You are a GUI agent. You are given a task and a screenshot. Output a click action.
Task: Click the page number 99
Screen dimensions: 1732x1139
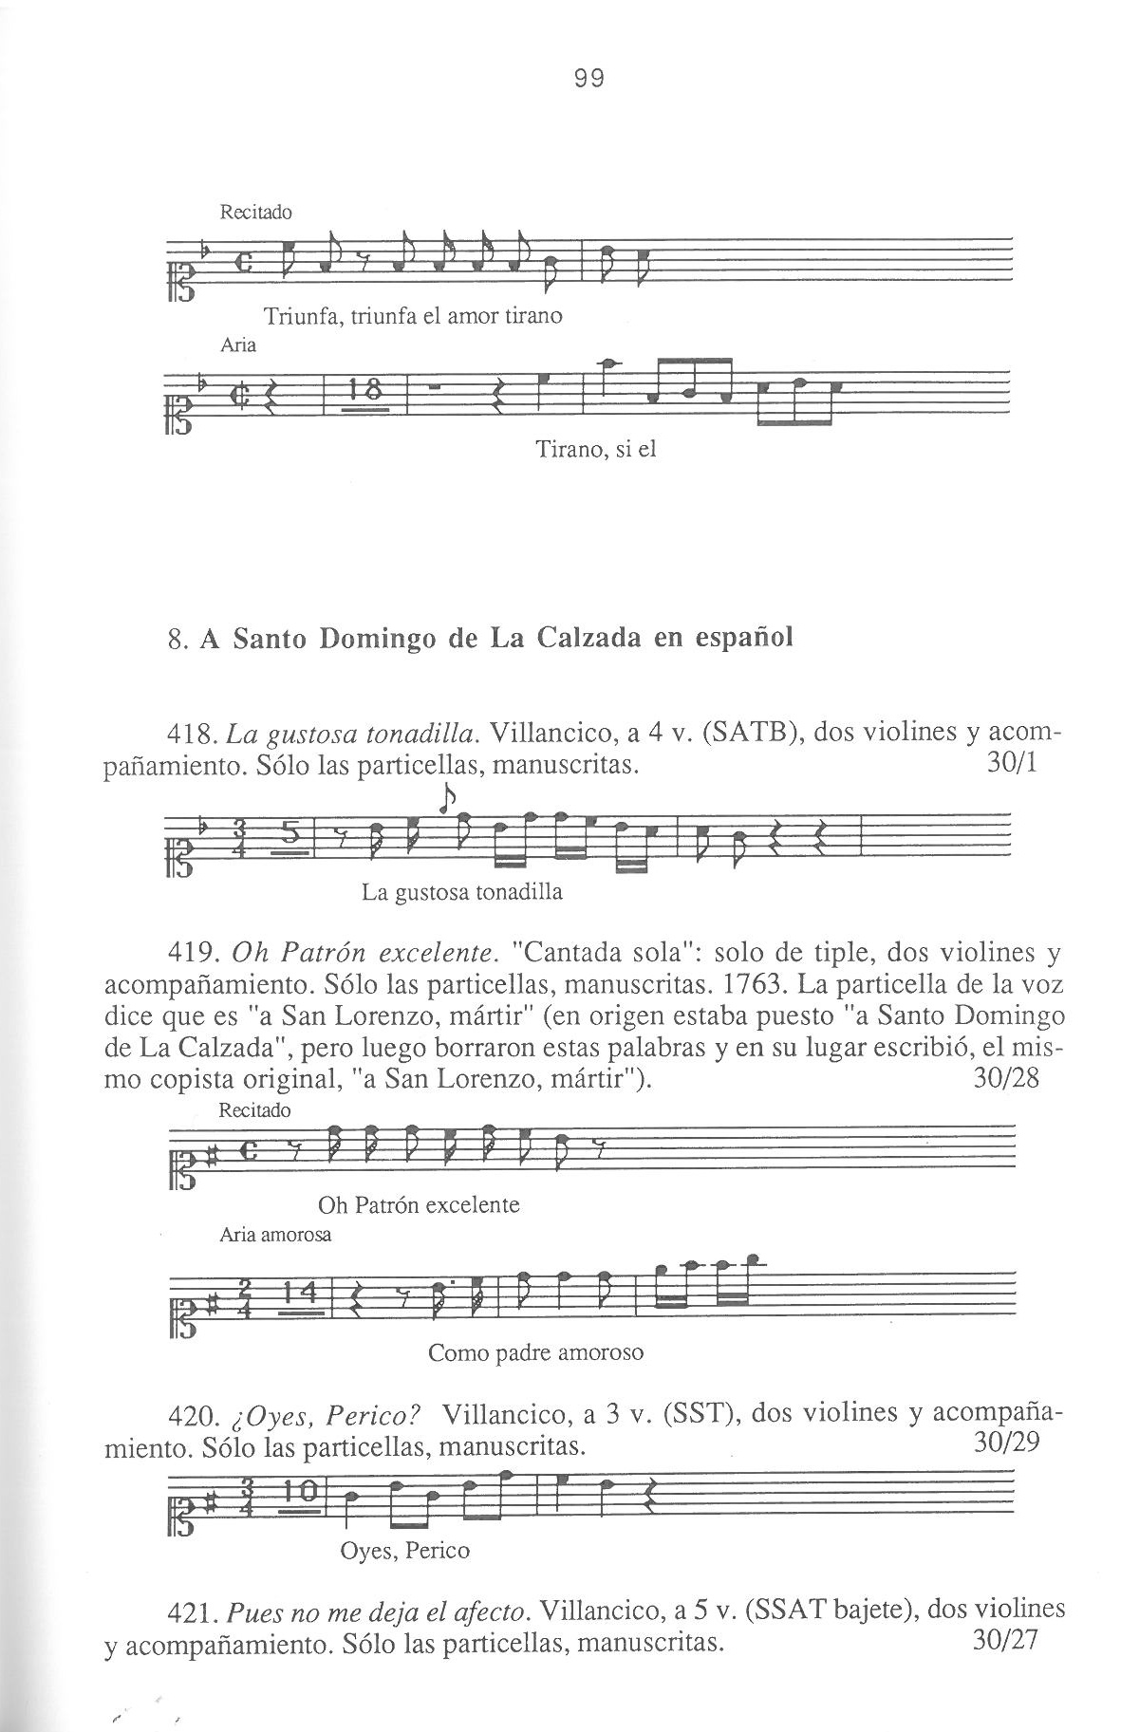point(589,79)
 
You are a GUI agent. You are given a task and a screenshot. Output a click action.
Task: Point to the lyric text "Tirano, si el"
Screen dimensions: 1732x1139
point(596,449)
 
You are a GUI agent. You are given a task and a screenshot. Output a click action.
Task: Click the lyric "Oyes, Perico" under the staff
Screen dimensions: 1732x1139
point(404,1551)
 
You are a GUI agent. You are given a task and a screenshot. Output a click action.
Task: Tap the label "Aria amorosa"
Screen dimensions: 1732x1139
point(275,1235)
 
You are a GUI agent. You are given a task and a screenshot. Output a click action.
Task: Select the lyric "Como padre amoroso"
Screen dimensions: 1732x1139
point(535,1352)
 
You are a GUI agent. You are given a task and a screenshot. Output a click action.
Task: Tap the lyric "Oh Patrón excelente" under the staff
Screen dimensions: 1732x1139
point(419,1205)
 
